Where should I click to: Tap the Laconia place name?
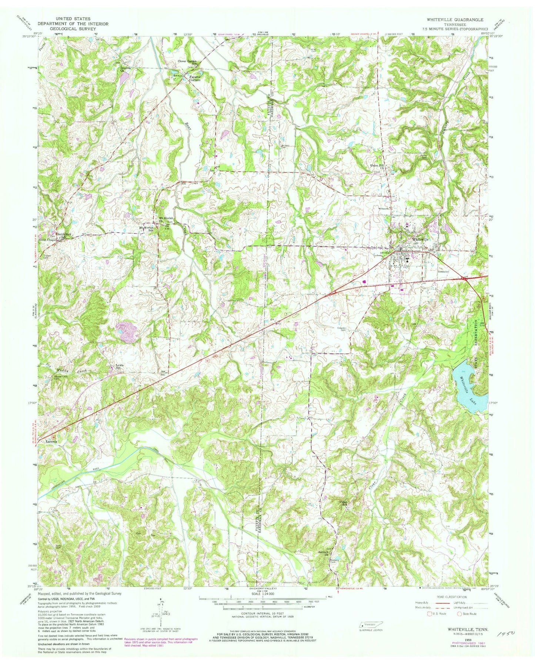pyautogui.click(x=51, y=442)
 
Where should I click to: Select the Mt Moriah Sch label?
pyautogui.click(x=146, y=229)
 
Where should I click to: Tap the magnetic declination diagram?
pyautogui.click(x=162, y=617)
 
